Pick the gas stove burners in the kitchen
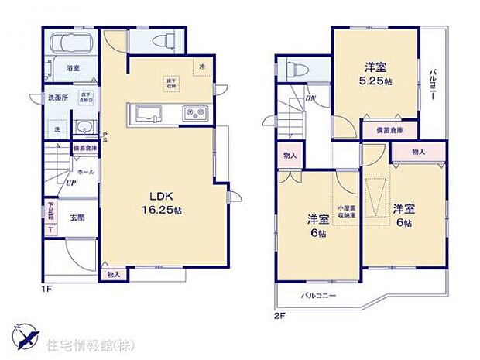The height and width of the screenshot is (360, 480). tap(194, 115)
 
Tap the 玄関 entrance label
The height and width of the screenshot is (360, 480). tap(78, 218)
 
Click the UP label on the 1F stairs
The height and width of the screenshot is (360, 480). tap(70, 183)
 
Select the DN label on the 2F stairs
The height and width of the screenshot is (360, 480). tap(310, 98)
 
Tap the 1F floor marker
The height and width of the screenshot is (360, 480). tap(48, 289)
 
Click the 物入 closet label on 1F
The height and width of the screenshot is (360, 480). tap(112, 274)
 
